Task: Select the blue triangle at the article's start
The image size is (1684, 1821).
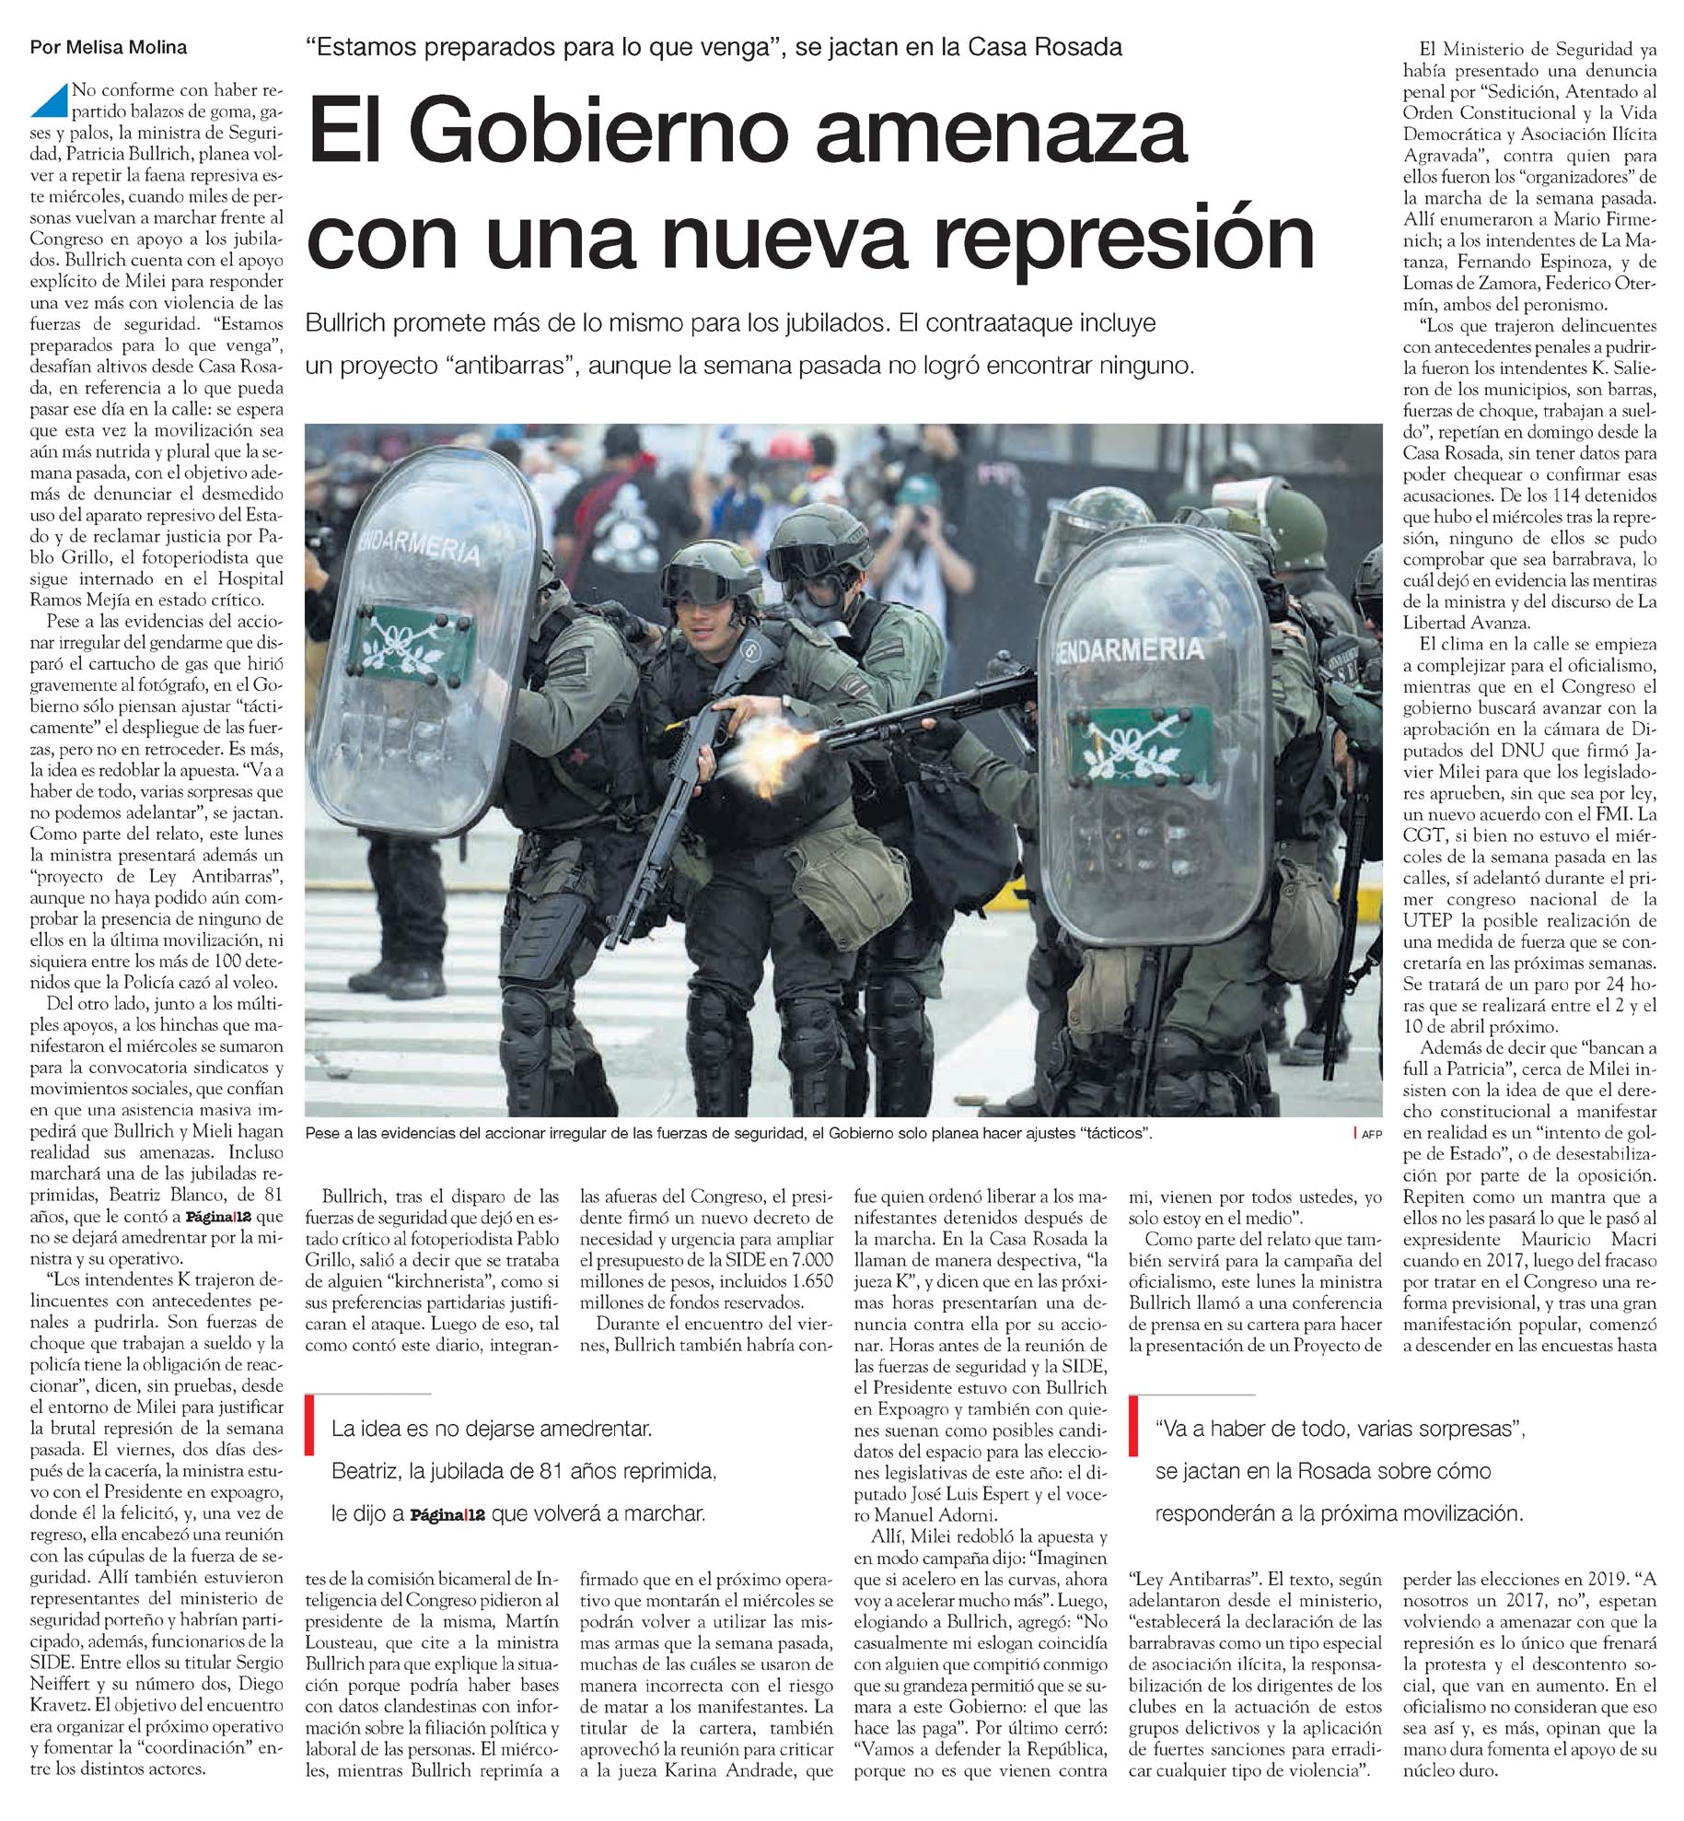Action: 49,100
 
